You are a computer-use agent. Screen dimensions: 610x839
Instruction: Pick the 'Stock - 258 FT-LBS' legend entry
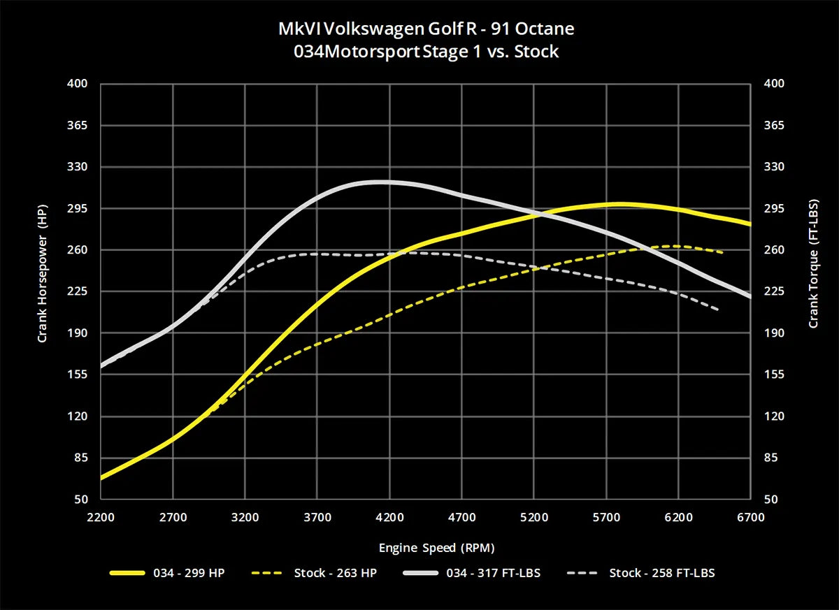point(661,573)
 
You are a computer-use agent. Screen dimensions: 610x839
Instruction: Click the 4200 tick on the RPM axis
point(389,518)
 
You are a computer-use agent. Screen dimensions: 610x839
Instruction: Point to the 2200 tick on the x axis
point(101,518)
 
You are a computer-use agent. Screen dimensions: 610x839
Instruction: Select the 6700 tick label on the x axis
point(750,518)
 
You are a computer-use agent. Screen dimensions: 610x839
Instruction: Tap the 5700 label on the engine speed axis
point(605,518)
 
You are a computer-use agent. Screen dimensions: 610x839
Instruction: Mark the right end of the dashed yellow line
point(722,252)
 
